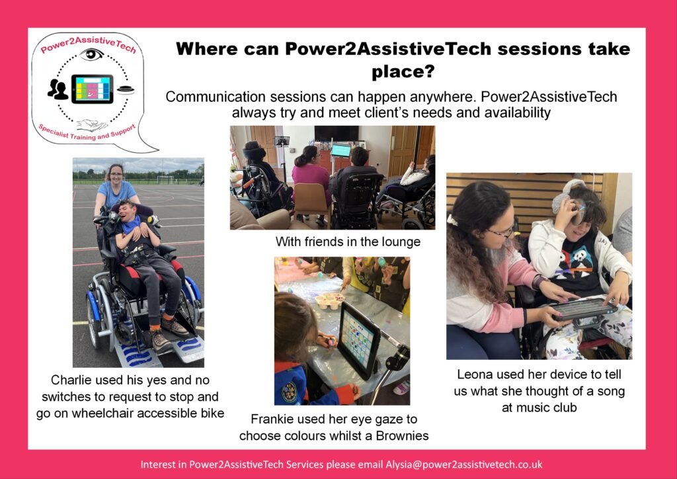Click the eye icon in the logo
91,55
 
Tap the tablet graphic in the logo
93,89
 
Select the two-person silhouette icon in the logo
58,89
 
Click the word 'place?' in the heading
403,72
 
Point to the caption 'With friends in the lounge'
348,241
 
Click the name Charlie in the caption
71,380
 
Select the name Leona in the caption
475,374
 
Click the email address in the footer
464,464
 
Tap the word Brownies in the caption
403,435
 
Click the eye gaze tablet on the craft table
358,339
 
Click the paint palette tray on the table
329,300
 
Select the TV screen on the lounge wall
337,134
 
